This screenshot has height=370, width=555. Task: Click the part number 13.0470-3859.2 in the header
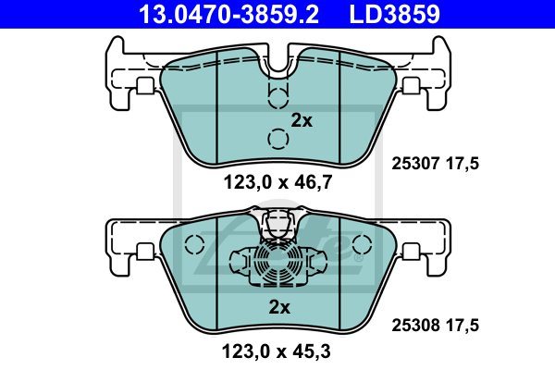228,14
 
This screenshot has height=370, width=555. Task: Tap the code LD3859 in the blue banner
395,14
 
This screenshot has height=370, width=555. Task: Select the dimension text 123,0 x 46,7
277,183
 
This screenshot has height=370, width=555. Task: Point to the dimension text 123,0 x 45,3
276,351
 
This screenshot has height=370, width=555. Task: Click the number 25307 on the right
415,164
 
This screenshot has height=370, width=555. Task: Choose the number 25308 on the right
415,325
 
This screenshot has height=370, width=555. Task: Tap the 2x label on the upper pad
302,121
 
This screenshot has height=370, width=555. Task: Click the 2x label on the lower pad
279,307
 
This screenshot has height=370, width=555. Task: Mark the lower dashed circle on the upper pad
278,139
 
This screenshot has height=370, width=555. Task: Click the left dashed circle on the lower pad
194,244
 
